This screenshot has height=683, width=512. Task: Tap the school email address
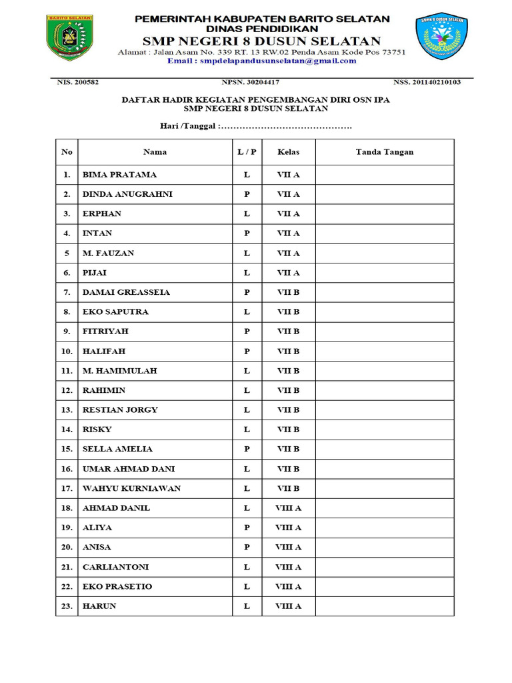pyautogui.click(x=261, y=61)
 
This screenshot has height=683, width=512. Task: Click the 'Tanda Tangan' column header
pyautogui.click(x=384, y=152)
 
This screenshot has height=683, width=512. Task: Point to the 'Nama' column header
pyautogui.click(x=155, y=152)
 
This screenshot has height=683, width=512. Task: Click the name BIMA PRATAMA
pyautogui.click(x=119, y=175)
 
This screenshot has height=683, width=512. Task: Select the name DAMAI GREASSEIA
pyautogui.click(x=126, y=292)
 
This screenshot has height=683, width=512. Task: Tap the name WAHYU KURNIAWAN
pyautogui.click(x=131, y=488)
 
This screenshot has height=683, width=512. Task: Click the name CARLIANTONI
pyautogui.click(x=115, y=567)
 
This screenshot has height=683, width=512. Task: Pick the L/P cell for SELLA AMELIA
pyautogui.click(x=247, y=449)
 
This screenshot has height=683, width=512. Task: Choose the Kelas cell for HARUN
pyautogui.click(x=289, y=606)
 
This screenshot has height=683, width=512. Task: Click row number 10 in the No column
pyautogui.click(x=67, y=351)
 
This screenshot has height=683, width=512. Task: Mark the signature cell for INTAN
pyautogui.click(x=384, y=233)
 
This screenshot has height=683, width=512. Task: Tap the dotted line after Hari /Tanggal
pyautogui.click(x=285, y=126)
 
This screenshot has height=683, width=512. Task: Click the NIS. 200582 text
pyautogui.click(x=78, y=83)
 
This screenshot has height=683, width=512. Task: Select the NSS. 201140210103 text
pyautogui.click(x=427, y=83)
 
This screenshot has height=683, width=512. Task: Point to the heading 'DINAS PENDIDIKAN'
pyautogui.click(x=262, y=29)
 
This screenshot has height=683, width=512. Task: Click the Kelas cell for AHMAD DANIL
pyautogui.click(x=289, y=508)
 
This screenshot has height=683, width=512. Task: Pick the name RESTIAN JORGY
pyautogui.click(x=120, y=410)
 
